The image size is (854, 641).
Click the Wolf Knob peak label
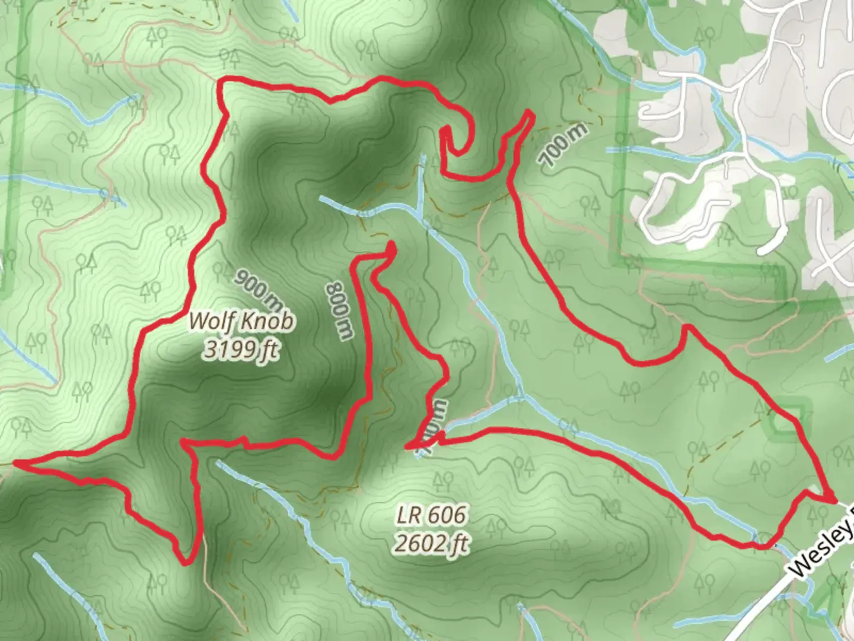click(x=241, y=322)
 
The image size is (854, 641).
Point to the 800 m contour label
click(x=339, y=310)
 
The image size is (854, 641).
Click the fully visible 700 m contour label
click(x=563, y=145)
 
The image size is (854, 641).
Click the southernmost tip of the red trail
click(x=186, y=561)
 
